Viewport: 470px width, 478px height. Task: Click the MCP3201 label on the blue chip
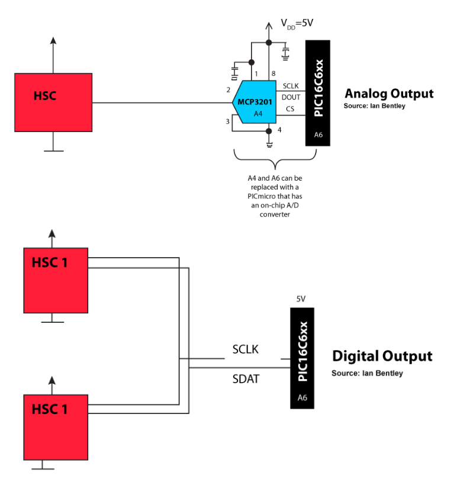(255, 102)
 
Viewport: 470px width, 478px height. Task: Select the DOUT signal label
(291, 97)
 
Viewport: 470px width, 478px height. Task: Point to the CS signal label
(290, 109)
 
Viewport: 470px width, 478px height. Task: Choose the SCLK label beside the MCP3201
(291, 86)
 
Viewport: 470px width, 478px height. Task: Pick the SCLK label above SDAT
(246, 349)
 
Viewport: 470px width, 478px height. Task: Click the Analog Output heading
(389, 94)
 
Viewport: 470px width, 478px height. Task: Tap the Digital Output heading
(382, 357)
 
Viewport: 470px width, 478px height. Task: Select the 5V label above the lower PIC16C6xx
(301, 299)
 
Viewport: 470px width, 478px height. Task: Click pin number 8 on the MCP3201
(273, 73)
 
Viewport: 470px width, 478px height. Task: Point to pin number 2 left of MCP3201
(228, 90)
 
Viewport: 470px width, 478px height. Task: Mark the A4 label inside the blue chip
(258, 113)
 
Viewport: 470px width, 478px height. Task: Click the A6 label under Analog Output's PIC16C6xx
(318, 135)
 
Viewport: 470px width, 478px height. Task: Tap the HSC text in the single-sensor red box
(45, 95)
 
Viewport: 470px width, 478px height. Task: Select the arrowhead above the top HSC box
(53, 40)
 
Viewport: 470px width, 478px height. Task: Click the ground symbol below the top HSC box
(53, 150)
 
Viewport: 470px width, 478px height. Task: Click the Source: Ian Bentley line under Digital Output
(367, 373)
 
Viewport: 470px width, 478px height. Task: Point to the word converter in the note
(275, 214)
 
